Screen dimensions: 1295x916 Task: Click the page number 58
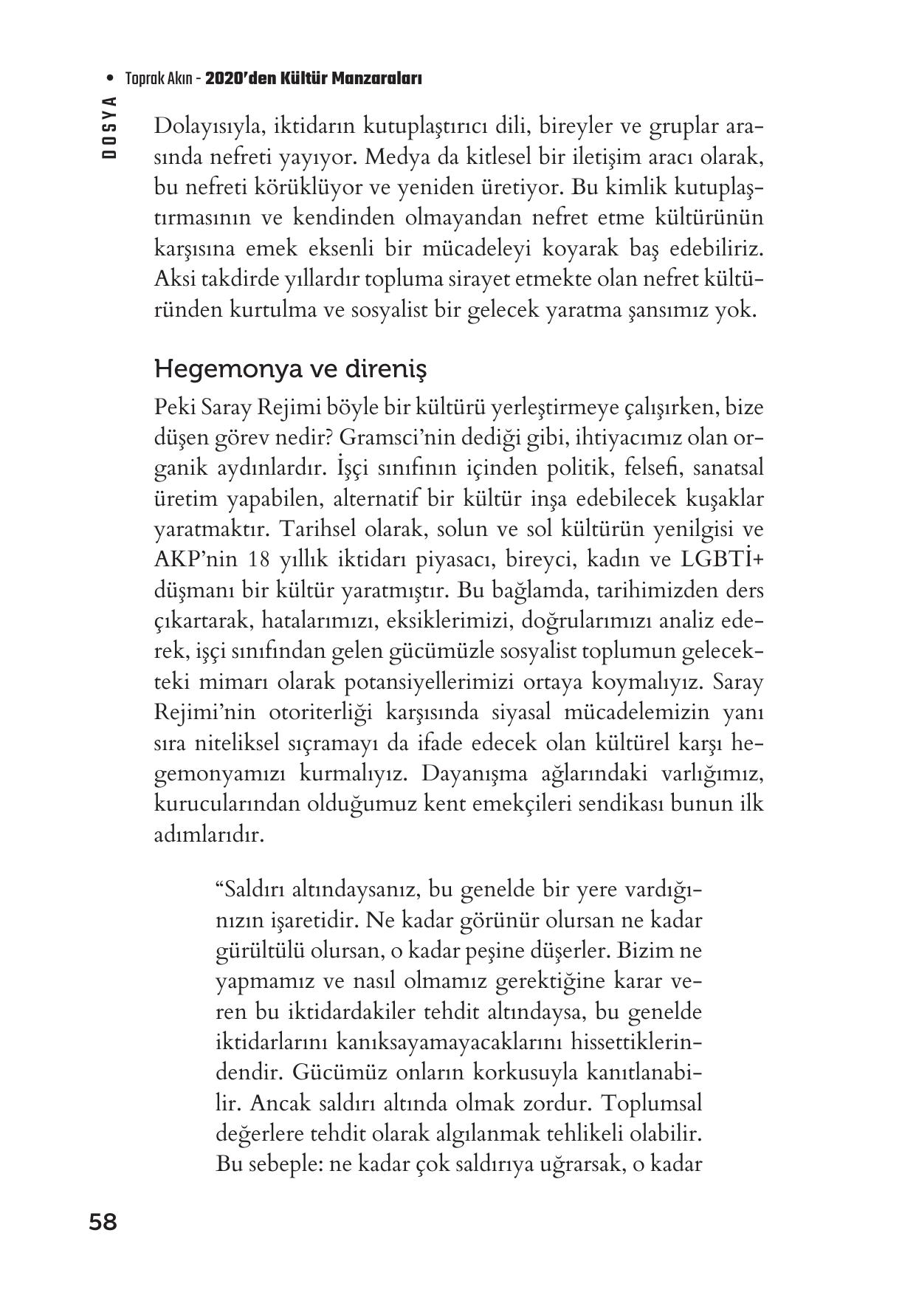[x=103, y=1223]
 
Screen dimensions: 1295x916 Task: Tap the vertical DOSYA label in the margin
[x=110, y=128]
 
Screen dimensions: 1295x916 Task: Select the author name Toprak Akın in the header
[x=159, y=79]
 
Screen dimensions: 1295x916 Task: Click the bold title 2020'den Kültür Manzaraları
[x=313, y=79]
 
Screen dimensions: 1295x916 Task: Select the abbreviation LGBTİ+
[x=726, y=560]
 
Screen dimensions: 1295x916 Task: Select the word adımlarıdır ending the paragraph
[x=208, y=835]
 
